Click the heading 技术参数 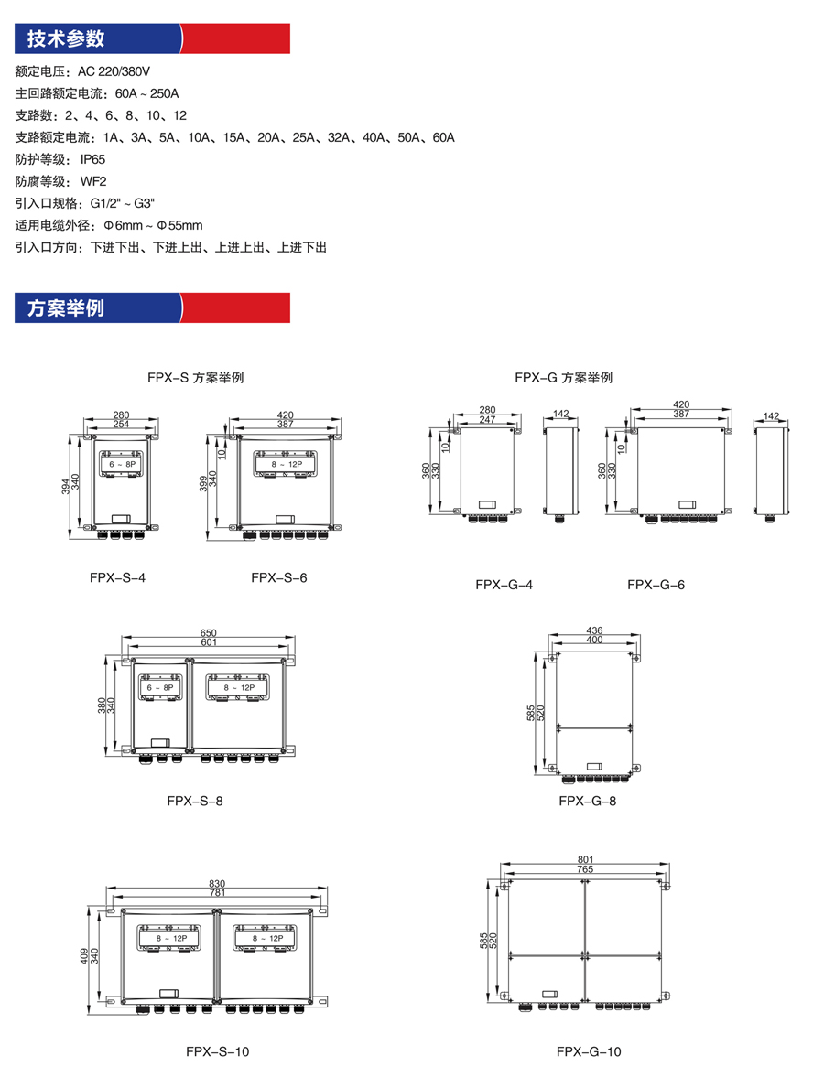click(x=66, y=38)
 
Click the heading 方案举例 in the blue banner click(x=66, y=307)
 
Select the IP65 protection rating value click(x=92, y=159)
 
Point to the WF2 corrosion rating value click(x=93, y=181)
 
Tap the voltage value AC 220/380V click(x=114, y=71)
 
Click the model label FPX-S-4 click(x=117, y=577)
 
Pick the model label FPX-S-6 click(x=279, y=577)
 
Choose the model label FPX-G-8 click(x=588, y=801)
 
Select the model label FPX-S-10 click(x=218, y=1051)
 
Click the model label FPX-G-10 click(x=589, y=1051)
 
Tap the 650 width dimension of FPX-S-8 click(x=208, y=632)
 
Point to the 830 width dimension click(x=217, y=883)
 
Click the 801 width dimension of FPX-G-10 click(x=586, y=859)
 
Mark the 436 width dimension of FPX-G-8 click(x=594, y=630)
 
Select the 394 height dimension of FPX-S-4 click(x=65, y=486)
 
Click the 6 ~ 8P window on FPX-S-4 click(x=123, y=464)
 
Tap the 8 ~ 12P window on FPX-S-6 click(x=287, y=464)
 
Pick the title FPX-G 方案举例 click(x=564, y=377)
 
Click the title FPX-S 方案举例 click(x=196, y=377)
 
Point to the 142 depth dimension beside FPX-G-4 click(x=561, y=414)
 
